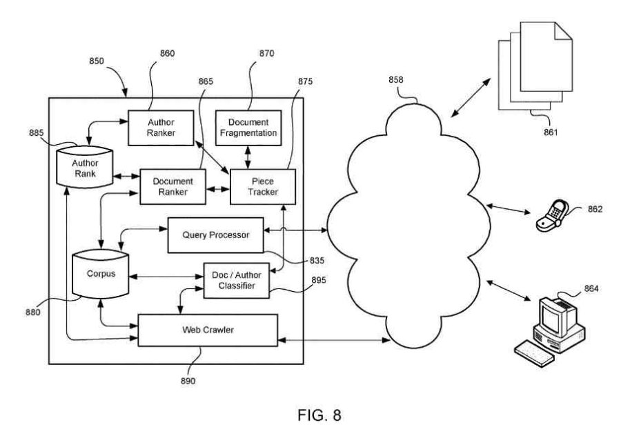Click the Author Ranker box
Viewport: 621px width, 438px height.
click(x=160, y=127)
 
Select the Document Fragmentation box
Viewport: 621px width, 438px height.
click(x=248, y=127)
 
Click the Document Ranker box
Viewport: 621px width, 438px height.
click(x=173, y=186)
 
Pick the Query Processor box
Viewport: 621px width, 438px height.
click(x=215, y=235)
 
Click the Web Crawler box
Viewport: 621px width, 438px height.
click(x=208, y=330)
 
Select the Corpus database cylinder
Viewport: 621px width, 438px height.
click(x=101, y=274)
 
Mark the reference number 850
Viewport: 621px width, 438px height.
click(x=97, y=61)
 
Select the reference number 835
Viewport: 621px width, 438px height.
click(x=317, y=261)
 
